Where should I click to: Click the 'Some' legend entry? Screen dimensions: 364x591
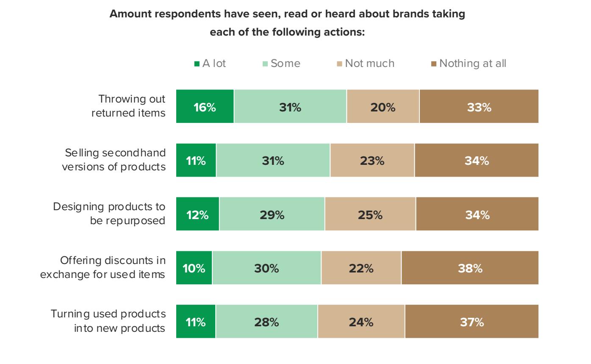click(x=281, y=64)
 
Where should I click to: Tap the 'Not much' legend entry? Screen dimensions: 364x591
click(x=365, y=64)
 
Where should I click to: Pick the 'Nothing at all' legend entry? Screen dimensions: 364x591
click(x=468, y=64)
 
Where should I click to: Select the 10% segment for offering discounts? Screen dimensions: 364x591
click(x=194, y=268)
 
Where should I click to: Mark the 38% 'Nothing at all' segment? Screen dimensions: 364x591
click(x=470, y=268)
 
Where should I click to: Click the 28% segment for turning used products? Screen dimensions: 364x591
click(x=266, y=322)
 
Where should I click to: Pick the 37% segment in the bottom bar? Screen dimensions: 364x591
click(x=472, y=322)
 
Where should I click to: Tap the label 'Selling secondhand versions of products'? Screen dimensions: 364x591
click(x=114, y=160)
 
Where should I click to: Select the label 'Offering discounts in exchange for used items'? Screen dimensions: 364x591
click(x=103, y=267)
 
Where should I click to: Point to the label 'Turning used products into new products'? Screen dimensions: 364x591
click(x=108, y=321)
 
